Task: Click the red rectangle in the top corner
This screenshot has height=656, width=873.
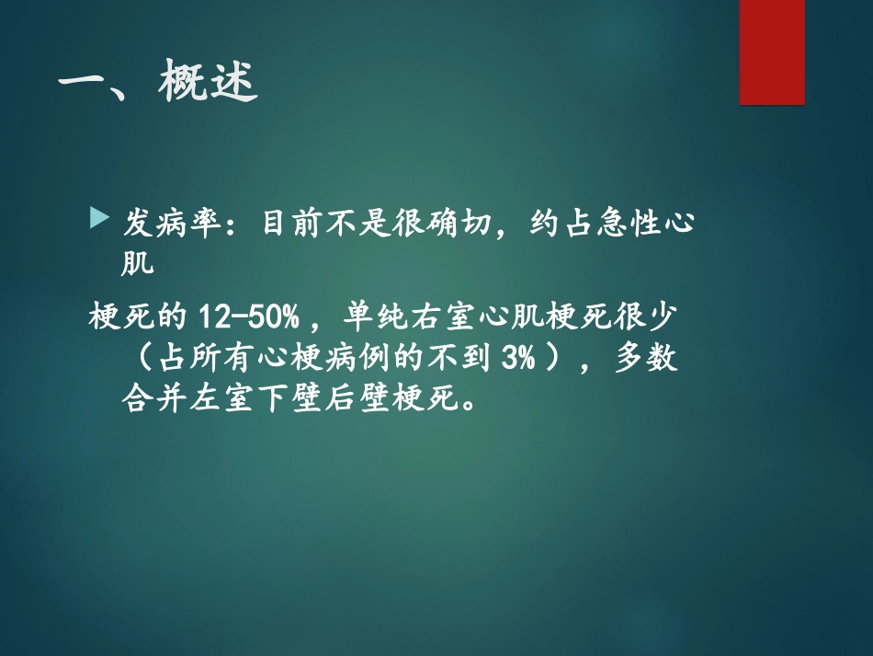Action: tap(772, 52)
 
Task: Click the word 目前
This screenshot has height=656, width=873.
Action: tap(285, 223)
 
